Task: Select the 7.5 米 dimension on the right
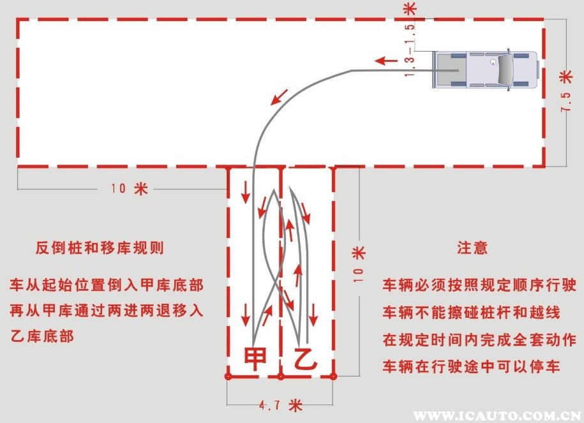[x=565, y=93]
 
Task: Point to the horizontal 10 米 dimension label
[x=129, y=188]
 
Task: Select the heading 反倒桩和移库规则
[x=100, y=248]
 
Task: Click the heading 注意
[x=472, y=248]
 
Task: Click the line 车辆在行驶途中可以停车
[x=471, y=367]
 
